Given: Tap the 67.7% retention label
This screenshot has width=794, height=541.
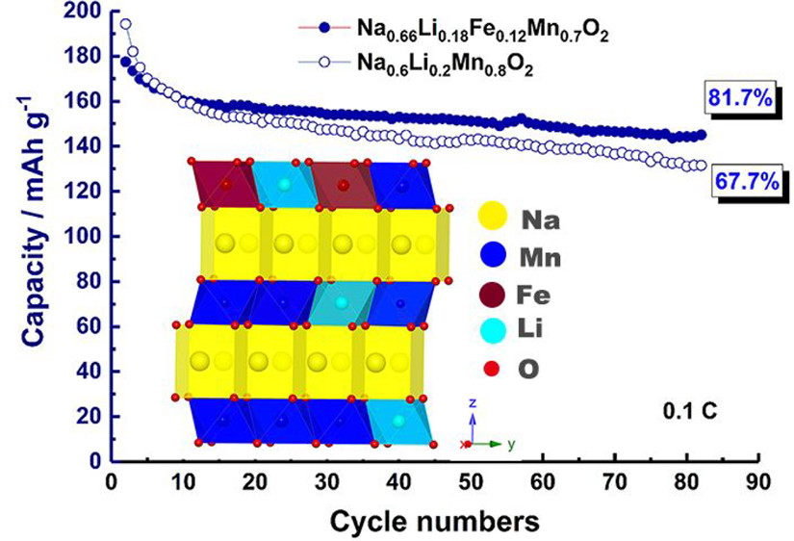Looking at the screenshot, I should (745, 181).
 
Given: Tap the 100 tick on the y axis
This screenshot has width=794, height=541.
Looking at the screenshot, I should (81, 236).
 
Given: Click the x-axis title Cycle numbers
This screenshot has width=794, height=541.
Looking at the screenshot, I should (436, 521).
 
